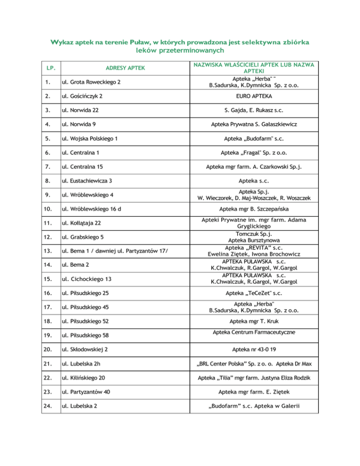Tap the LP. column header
click(49, 68)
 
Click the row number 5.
click(46, 140)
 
